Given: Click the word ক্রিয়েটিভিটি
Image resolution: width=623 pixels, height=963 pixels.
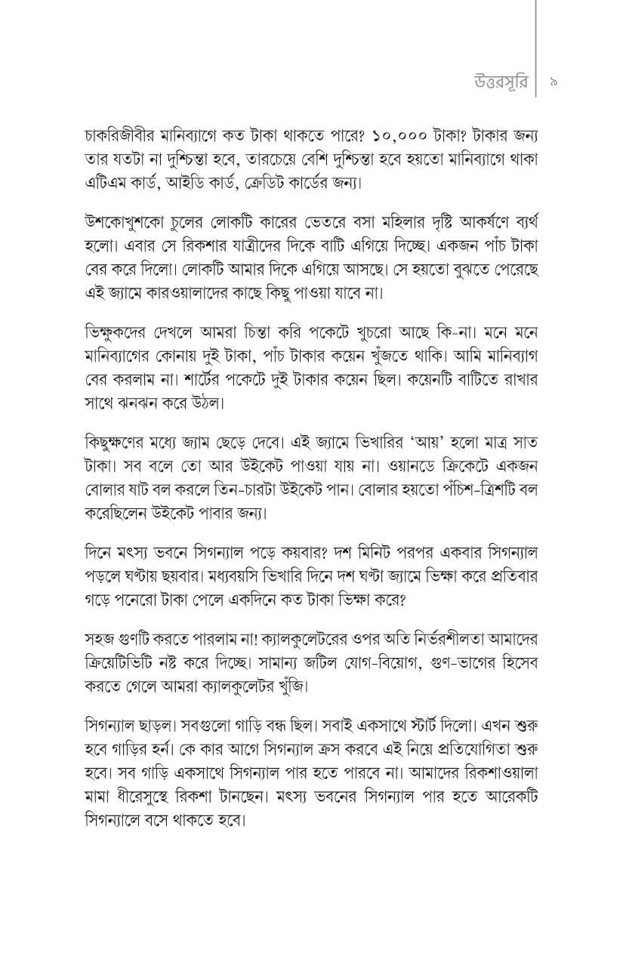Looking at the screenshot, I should click(129, 662).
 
